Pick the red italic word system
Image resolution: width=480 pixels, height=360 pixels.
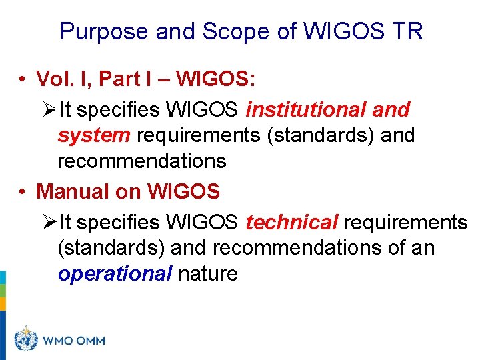pos(94,135)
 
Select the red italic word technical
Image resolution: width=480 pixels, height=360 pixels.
pos(292,222)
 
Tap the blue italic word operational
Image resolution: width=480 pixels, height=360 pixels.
pos(115,274)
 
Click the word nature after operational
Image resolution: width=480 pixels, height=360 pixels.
pos(207,274)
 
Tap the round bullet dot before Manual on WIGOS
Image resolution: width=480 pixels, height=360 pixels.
pos(23,193)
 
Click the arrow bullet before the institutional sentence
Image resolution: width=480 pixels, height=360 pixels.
pos(49,110)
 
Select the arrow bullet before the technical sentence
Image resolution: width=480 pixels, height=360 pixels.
pos(49,223)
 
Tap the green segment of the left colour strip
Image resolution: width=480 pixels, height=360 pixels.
pos(3,291)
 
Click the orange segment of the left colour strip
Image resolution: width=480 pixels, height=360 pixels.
pos(3,304)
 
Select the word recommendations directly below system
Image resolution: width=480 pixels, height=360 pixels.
pos(142,161)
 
